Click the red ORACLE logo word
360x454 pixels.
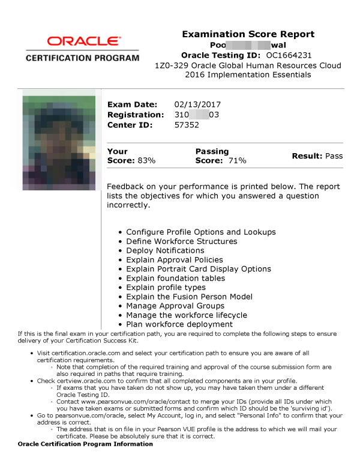[82, 41]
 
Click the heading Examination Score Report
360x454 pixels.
[248, 34]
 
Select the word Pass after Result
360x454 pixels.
[334, 156]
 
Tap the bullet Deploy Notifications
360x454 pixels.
[165, 250]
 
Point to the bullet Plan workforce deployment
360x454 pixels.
[179, 324]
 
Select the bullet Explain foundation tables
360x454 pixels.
[175, 278]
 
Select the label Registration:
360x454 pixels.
[135, 115]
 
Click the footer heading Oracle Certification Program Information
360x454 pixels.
[85, 444]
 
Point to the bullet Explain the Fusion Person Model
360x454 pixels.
[189, 297]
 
